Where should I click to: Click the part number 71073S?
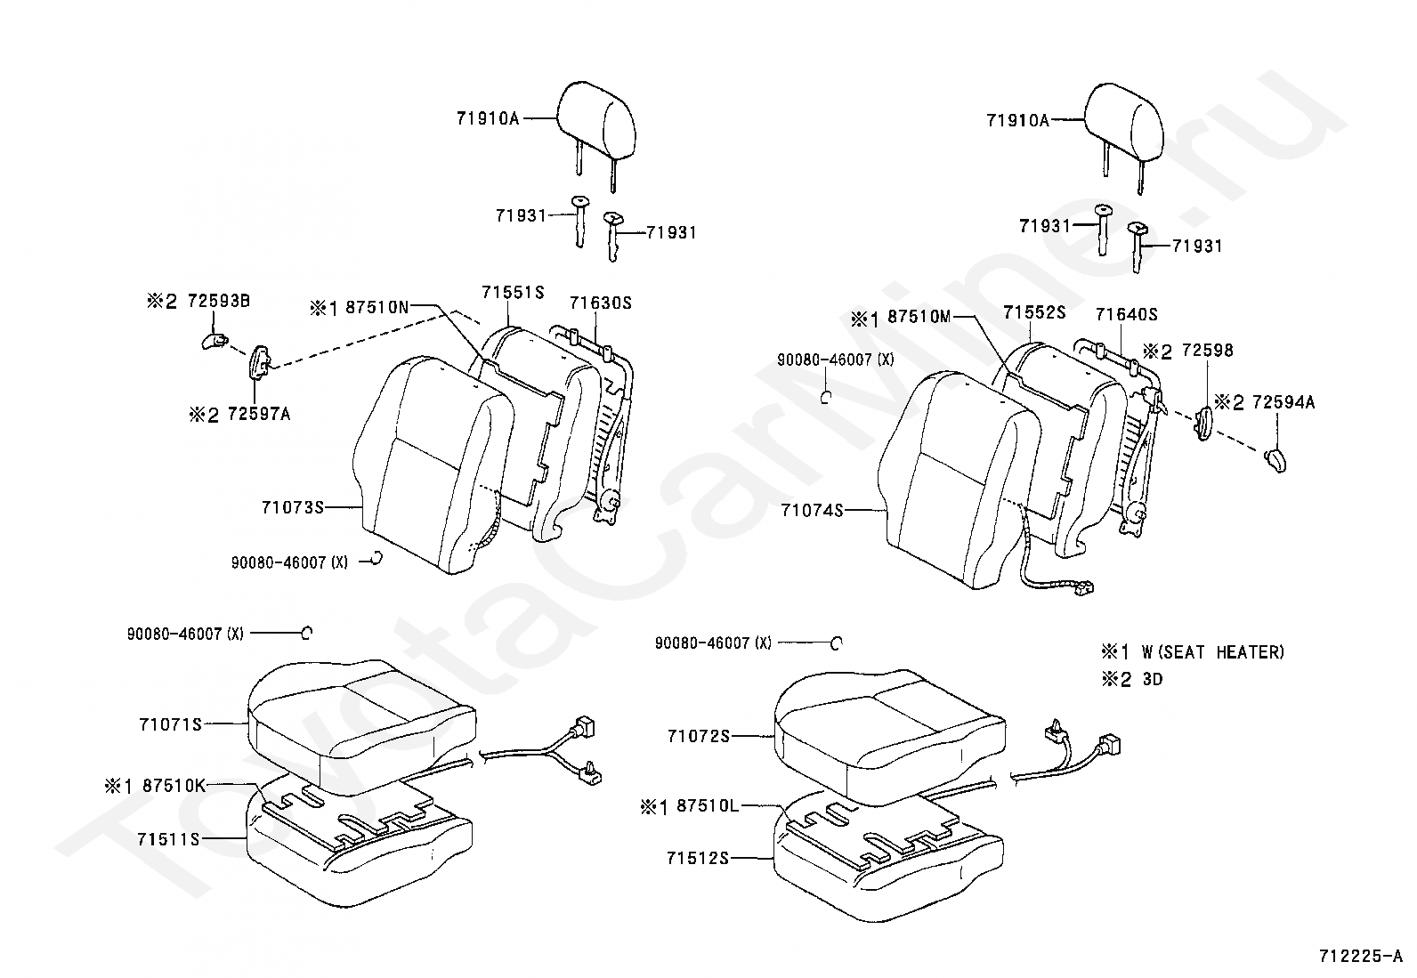[291, 507]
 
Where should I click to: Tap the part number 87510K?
[174, 785]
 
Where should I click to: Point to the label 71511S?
[168, 839]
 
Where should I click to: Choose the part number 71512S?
[698, 858]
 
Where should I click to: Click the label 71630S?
[600, 303]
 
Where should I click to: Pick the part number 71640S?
[1126, 314]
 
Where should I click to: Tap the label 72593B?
[218, 301]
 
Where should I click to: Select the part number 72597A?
[259, 414]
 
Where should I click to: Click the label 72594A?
[1283, 402]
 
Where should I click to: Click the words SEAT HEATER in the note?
[1233, 652]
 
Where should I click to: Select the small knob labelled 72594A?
[1275, 461]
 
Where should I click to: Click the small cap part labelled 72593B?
[213, 341]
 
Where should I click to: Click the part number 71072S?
[699, 736]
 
